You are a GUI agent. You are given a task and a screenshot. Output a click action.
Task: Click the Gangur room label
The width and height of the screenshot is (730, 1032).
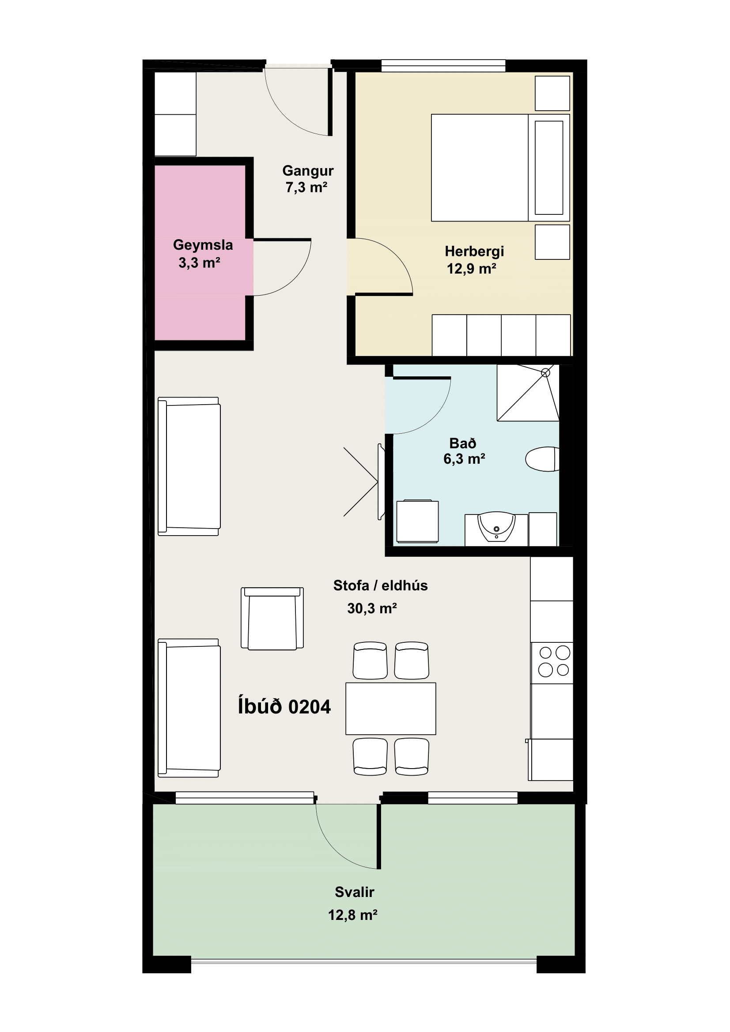pos(308,171)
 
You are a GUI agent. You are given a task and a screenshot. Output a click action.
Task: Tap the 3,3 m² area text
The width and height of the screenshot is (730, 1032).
pos(199,263)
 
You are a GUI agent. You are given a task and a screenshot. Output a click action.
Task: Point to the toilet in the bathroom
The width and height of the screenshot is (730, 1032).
pos(542,459)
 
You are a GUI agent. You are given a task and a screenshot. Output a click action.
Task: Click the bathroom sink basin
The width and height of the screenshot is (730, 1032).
pos(496,526)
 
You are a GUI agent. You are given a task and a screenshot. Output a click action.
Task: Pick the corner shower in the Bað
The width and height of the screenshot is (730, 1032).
pos(528,393)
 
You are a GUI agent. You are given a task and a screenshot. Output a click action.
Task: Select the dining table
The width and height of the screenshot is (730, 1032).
pos(390,709)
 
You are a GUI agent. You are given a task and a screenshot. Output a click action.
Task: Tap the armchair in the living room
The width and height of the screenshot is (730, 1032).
pos(272,618)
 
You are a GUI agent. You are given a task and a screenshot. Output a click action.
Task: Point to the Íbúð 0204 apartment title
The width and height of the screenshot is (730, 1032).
pos(284,706)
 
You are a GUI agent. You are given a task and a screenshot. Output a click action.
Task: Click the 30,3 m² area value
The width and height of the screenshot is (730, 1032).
pos(371,608)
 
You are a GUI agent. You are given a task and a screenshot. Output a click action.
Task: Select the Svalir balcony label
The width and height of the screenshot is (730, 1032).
pos(354,892)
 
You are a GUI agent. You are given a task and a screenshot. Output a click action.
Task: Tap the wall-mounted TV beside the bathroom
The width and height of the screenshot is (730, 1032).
pos(381,481)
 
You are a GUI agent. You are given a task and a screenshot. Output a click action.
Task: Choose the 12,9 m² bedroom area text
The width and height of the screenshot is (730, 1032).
pos(471,268)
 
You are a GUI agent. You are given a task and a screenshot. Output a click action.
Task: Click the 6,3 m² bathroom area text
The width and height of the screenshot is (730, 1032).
pos(464,459)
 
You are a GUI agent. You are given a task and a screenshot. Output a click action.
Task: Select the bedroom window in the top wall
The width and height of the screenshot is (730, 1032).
pos(443,66)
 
